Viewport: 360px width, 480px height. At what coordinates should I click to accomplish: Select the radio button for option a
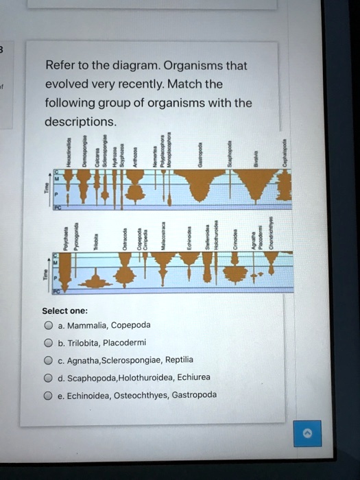49,325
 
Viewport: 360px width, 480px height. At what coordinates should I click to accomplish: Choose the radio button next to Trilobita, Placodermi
49,342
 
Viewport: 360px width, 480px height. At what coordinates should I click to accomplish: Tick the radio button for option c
49,359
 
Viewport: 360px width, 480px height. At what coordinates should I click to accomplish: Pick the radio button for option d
49,377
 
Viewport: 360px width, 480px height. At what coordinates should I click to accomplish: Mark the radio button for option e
49,395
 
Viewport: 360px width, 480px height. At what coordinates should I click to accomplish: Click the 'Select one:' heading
64,310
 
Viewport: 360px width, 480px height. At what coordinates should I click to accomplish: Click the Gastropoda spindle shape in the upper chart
199,184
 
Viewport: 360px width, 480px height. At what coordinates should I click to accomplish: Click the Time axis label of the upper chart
47,189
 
